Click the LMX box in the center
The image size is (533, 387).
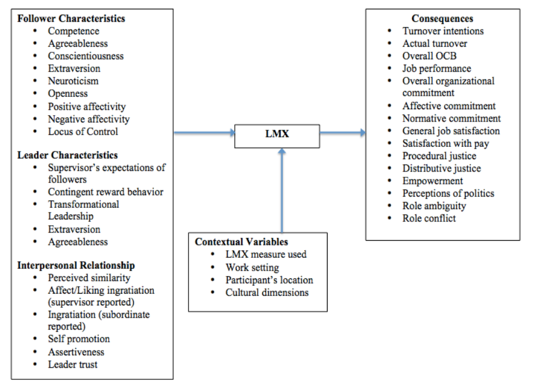click(277, 136)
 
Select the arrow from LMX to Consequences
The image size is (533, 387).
click(343, 133)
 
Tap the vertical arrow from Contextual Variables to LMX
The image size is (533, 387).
click(282, 190)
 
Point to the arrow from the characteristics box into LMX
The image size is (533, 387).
click(205, 133)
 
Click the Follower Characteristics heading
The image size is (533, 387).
click(71, 18)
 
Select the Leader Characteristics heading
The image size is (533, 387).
click(68, 155)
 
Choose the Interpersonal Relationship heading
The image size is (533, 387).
click(76, 265)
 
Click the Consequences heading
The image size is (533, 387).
click(442, 18)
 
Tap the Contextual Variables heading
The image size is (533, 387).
click(241, 242)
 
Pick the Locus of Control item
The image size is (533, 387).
click(83, 132)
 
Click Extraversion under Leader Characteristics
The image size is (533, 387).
click(74, 229)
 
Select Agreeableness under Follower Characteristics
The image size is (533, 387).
click(78, 43)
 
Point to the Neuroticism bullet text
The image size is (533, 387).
click(73, 81)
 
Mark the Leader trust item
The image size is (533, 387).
click(73, 365)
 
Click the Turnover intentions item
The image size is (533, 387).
click(443, 31)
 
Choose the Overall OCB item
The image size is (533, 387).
click(429, 56)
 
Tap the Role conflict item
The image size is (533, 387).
click(429, 218)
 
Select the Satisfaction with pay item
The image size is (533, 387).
click(446, 143)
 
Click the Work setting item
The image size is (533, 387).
click(252, 268)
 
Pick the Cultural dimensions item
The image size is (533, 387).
click(267, 292)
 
